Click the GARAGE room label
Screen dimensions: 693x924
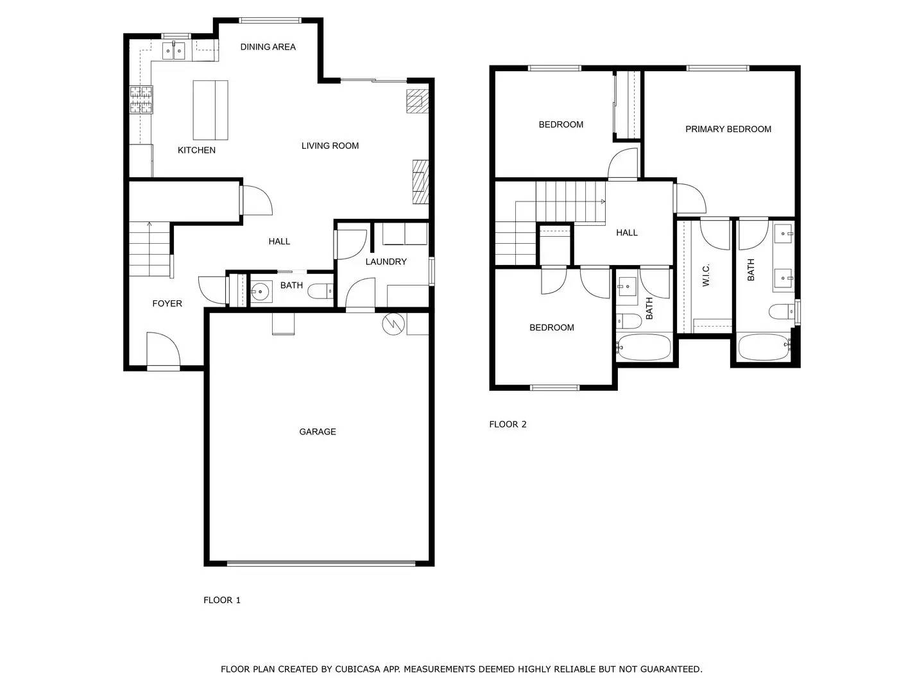point(317,432)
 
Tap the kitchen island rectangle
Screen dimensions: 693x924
point(210,110)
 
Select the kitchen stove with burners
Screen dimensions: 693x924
point(141,99)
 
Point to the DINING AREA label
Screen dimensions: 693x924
point(268,47)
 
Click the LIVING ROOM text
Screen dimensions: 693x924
point(330,146)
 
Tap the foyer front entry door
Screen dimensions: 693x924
point(163,350)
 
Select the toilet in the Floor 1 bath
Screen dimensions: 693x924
point(320,292)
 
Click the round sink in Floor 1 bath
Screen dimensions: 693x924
point(261,292)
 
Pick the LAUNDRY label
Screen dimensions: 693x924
point(386,262)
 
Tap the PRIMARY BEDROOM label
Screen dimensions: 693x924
point(728,129)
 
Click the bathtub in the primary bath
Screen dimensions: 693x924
point(764,348)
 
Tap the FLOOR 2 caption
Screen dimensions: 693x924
point(508,424)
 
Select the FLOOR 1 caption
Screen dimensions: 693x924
point(221,601)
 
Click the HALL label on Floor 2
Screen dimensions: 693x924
point(626,233)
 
